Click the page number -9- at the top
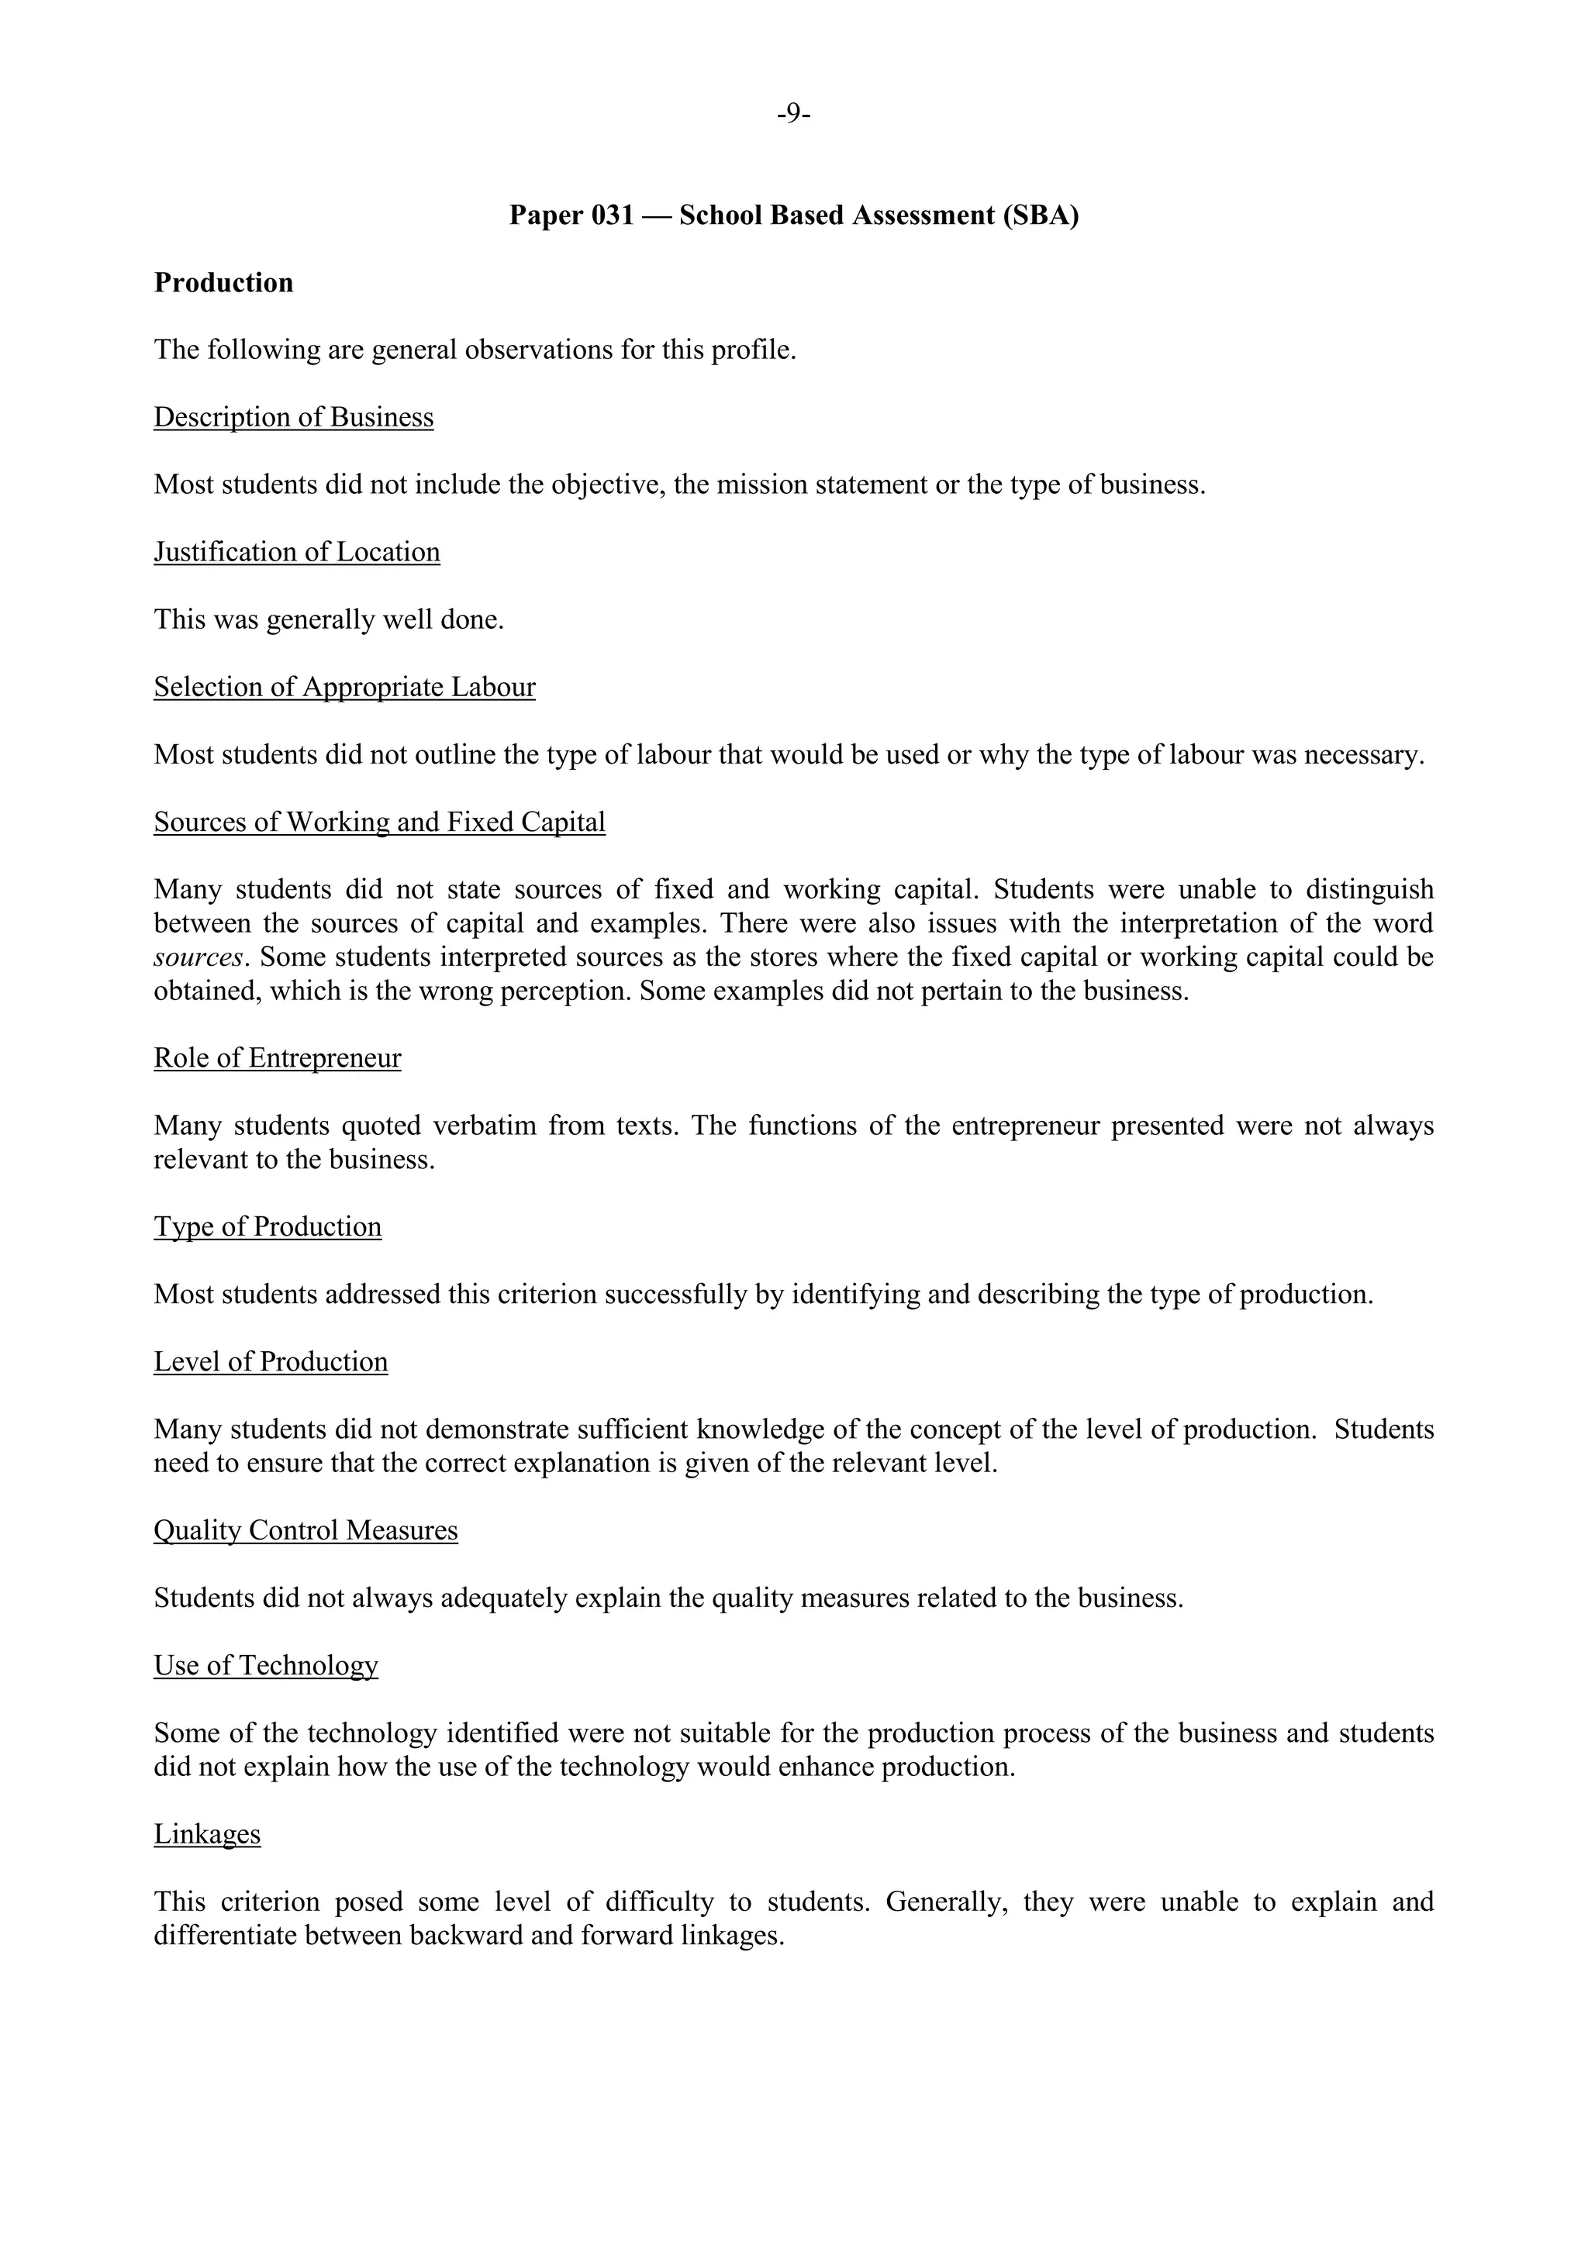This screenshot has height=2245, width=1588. (794, 115)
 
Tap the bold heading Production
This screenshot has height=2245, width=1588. (223, 283)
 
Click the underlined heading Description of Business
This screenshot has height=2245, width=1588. (293, 418)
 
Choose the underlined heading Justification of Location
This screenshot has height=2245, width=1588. (296, 553)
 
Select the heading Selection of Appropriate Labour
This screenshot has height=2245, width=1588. (344, 688)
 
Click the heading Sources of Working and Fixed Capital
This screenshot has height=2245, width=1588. (379, 822)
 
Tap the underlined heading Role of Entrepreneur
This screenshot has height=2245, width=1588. (277, 1059)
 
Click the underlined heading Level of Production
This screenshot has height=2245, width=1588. (270, 1362)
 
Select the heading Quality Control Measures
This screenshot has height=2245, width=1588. (305, 1530)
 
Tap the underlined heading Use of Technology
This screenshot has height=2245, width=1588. (265, 1665)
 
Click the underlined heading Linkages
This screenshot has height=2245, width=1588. (206, 1834)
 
